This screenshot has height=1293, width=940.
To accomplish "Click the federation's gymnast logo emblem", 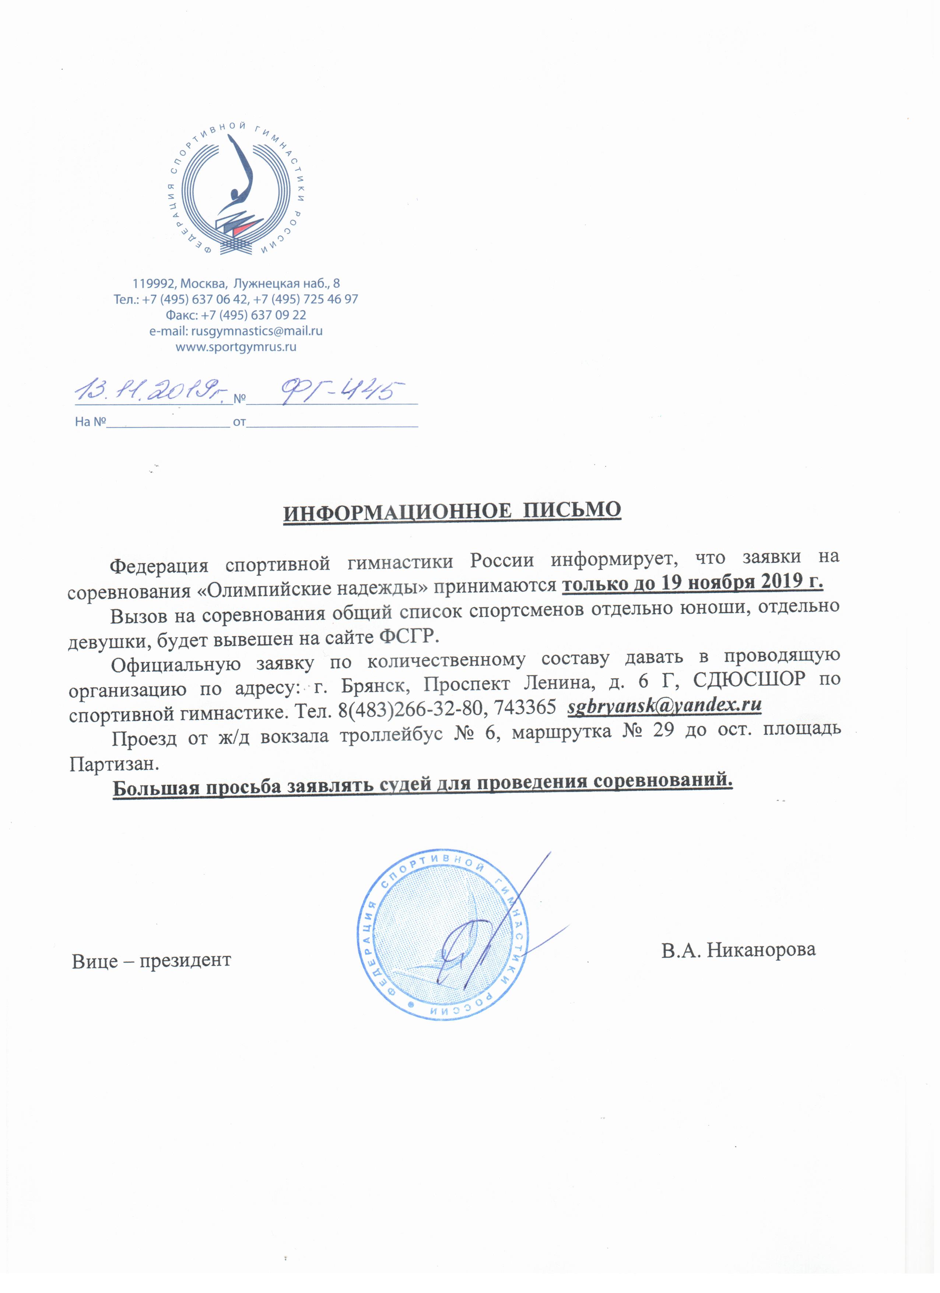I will point(236,191).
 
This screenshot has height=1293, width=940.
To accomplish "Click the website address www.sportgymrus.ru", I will point(236,347).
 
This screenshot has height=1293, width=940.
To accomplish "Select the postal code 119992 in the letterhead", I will point(154,283).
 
